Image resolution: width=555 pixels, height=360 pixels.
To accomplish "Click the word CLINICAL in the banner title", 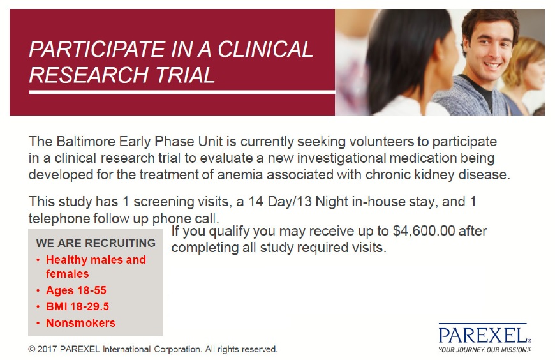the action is [265, 49].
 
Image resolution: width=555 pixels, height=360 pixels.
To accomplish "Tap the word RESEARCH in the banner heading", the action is [89, 75].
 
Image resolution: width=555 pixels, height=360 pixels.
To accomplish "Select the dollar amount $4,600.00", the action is [424, 231].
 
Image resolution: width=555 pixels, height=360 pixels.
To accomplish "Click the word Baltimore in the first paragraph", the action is [86, 141].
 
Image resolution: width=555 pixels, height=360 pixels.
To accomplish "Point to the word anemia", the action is [240, 175].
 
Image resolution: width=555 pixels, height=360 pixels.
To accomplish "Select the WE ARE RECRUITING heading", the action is [96, 243].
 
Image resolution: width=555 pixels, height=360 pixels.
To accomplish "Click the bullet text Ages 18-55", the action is [76, 290].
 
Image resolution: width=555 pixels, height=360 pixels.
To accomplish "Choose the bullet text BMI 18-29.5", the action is [78, 306].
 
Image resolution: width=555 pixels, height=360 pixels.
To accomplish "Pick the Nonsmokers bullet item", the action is [81, 323].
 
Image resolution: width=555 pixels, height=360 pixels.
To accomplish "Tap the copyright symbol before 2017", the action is [32, 349].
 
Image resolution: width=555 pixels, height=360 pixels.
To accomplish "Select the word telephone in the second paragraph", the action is [59, 219].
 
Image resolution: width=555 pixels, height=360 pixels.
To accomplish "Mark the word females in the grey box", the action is [67, 274].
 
